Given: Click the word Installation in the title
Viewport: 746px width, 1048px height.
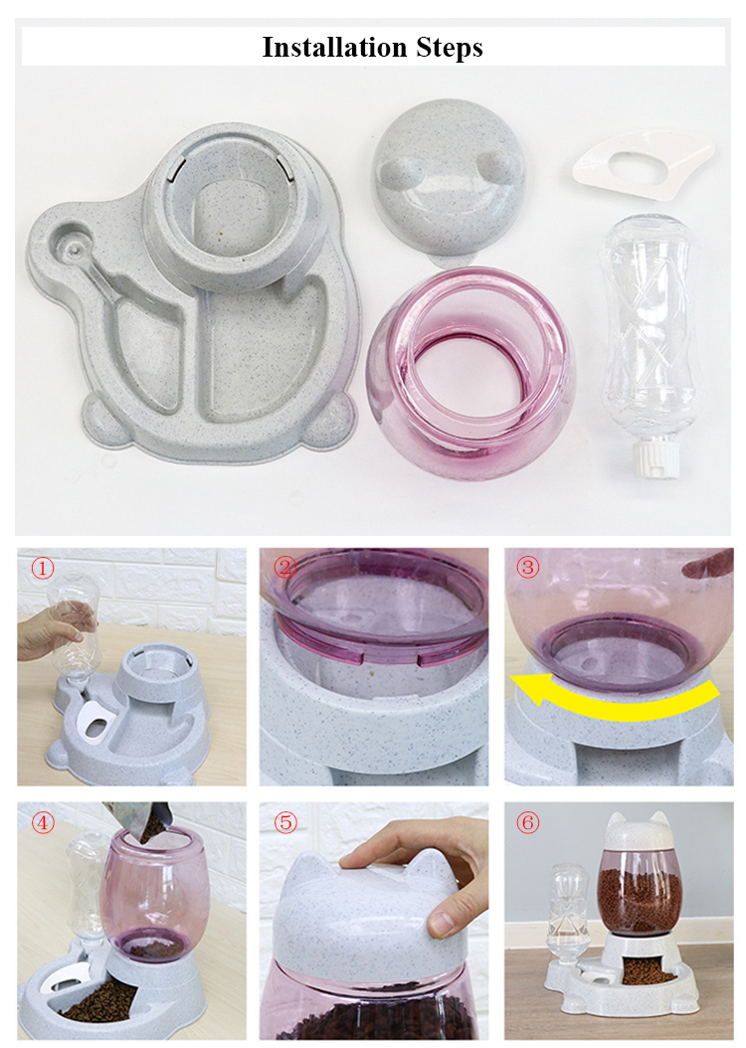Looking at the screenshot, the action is pos(334,47).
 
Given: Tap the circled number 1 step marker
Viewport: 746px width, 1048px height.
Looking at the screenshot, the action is pos(42,568).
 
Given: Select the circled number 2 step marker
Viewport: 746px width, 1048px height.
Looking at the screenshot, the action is pos(284,568).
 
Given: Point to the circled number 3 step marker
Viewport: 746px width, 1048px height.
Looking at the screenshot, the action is pos(527,568).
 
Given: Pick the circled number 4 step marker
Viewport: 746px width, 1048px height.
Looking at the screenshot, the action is pos(42,822).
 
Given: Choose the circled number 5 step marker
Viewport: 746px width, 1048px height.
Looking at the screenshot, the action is pos(285,822).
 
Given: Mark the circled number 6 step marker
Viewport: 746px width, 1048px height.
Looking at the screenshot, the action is pos(527,822).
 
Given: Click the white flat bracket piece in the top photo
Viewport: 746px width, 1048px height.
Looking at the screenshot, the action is pos(643,165).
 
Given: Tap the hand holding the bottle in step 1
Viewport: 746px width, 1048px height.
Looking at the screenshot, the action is pos(55,630).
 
